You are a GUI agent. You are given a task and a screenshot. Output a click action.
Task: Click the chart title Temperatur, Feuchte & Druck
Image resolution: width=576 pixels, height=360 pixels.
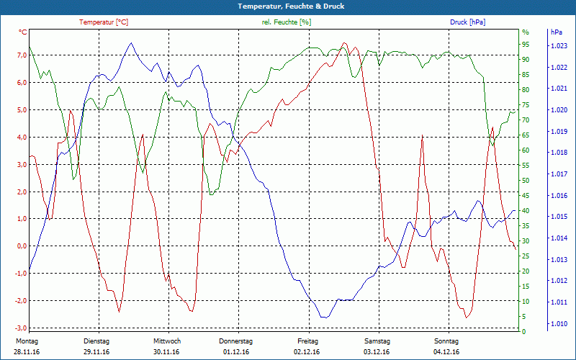288,6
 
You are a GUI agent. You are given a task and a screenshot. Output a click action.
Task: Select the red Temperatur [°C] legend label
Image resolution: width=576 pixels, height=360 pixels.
104,22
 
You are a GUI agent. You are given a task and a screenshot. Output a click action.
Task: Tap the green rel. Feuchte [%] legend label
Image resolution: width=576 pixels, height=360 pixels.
286,22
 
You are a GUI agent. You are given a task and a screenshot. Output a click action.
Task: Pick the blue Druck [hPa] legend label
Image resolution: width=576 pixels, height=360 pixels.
467,22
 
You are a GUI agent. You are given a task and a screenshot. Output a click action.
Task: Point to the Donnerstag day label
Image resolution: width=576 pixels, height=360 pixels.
236,341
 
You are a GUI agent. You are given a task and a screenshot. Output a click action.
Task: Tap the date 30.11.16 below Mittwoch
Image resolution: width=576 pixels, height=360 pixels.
166,352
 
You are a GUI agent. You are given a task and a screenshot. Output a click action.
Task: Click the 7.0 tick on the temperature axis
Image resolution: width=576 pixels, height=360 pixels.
22,55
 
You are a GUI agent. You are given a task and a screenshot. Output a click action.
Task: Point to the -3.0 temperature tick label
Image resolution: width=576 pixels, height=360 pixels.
21,328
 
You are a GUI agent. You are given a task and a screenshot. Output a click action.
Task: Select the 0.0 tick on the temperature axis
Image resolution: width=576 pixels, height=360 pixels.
22,246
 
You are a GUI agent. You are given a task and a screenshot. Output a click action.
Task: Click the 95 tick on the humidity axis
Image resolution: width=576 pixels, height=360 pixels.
526,44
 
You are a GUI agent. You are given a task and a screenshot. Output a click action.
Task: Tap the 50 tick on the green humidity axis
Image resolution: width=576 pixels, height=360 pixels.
526,180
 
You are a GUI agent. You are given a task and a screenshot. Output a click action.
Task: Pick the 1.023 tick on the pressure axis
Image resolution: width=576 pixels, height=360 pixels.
558,46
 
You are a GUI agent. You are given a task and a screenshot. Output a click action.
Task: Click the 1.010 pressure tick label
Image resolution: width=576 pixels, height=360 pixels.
558,324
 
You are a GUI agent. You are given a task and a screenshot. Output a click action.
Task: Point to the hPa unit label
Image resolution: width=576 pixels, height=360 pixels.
556,32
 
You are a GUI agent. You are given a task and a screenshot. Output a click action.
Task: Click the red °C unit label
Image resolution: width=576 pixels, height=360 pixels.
23,32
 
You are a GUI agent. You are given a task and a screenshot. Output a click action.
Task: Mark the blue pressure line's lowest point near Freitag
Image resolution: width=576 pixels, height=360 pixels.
325,317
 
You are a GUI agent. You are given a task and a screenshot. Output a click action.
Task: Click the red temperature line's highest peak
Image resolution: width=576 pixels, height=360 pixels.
345,43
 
